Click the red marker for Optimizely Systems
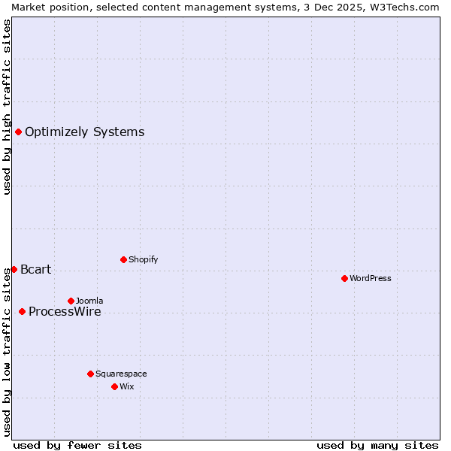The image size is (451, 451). pos(18,132)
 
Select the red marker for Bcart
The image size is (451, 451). pos(14,269)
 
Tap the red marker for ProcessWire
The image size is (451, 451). pos(22,311)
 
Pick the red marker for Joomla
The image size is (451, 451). pos(71,301)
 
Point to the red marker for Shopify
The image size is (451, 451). pos(123,259)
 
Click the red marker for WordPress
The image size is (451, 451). pos(344,278)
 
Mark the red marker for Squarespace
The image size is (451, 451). pos(90,374)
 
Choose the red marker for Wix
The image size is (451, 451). pos(114,386)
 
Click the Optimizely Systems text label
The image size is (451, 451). pos(84,132)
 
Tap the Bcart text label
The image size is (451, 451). pos(35,269)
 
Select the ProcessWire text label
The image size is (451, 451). pos(65,311)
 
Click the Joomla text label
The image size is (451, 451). pos(89,301)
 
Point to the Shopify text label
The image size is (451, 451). pos(143,259)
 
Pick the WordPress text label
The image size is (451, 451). pos(371,278)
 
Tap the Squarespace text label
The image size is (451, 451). pos(121,374)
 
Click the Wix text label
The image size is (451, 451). pos(127,386)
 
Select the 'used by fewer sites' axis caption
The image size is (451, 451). pos(77,445)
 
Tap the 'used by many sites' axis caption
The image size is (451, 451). pos(377,445)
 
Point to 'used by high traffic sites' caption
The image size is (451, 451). pos(7,107)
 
